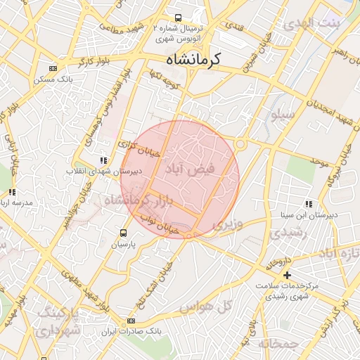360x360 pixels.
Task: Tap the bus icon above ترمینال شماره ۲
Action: point(179,18)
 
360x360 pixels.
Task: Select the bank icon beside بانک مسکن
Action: point(53,68)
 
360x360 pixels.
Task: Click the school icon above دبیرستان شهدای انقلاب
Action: point(105,160)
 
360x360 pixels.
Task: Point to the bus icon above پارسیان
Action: point(124,233)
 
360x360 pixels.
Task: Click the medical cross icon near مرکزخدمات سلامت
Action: point(286,274)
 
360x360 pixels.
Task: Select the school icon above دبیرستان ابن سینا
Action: point(309,204)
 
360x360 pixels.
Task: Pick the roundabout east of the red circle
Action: point(240,144)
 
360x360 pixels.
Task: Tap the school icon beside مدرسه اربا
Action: point(12,191)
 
